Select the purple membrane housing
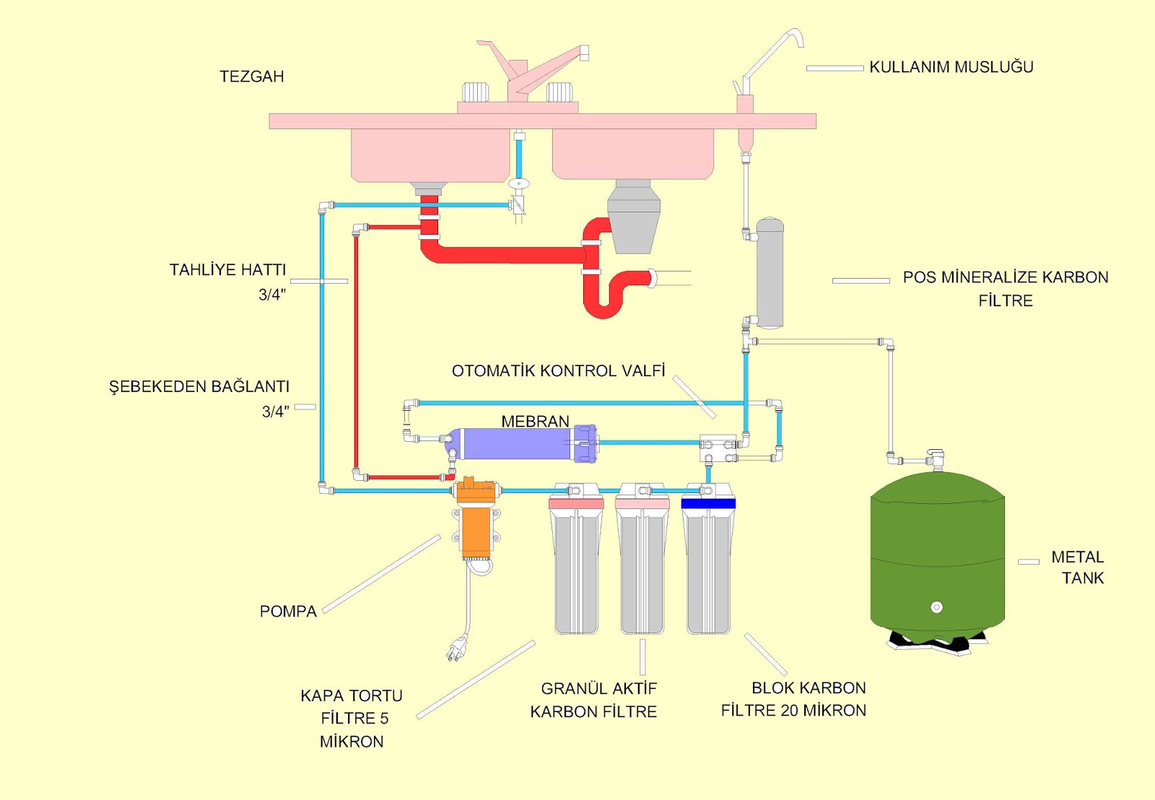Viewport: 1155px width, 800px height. point(516,444)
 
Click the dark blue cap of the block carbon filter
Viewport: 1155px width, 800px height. point(707,503)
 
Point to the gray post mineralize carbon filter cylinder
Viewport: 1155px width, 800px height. point(770,274)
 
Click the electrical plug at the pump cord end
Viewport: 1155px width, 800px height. point(456,649)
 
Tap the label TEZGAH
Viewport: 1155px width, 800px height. point(251,77)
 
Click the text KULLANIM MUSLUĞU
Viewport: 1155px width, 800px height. point(951,67)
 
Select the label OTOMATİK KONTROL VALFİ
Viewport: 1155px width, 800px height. point(558,371)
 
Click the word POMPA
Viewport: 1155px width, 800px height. point(288,612)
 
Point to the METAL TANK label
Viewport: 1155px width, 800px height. point(1078,568)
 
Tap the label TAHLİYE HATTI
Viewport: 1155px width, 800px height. point(227,270)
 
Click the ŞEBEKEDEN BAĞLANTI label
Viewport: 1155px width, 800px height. point(199,387)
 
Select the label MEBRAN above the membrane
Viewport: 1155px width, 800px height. point(535,421)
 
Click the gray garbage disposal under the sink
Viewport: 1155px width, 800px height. point(633,217)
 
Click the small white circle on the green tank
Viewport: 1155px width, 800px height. point(936,607)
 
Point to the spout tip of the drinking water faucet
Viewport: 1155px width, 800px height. point(800,43)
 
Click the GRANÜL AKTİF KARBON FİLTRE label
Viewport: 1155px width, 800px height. point(594,700)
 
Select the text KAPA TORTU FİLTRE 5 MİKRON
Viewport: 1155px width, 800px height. point(352,718)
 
